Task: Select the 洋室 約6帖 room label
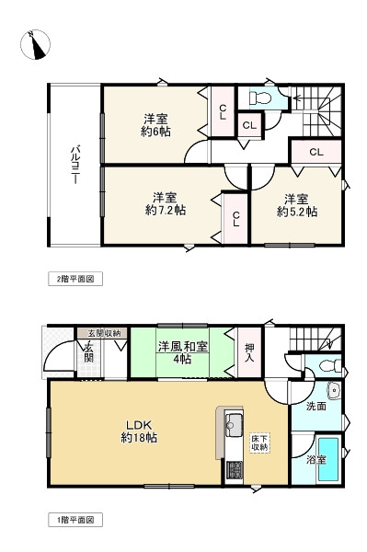click(155, 124)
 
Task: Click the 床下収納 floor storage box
click(260, 443)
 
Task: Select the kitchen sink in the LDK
click(233, 425)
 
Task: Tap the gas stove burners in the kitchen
click(233, 469)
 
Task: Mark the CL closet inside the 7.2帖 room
click(235, 217)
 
